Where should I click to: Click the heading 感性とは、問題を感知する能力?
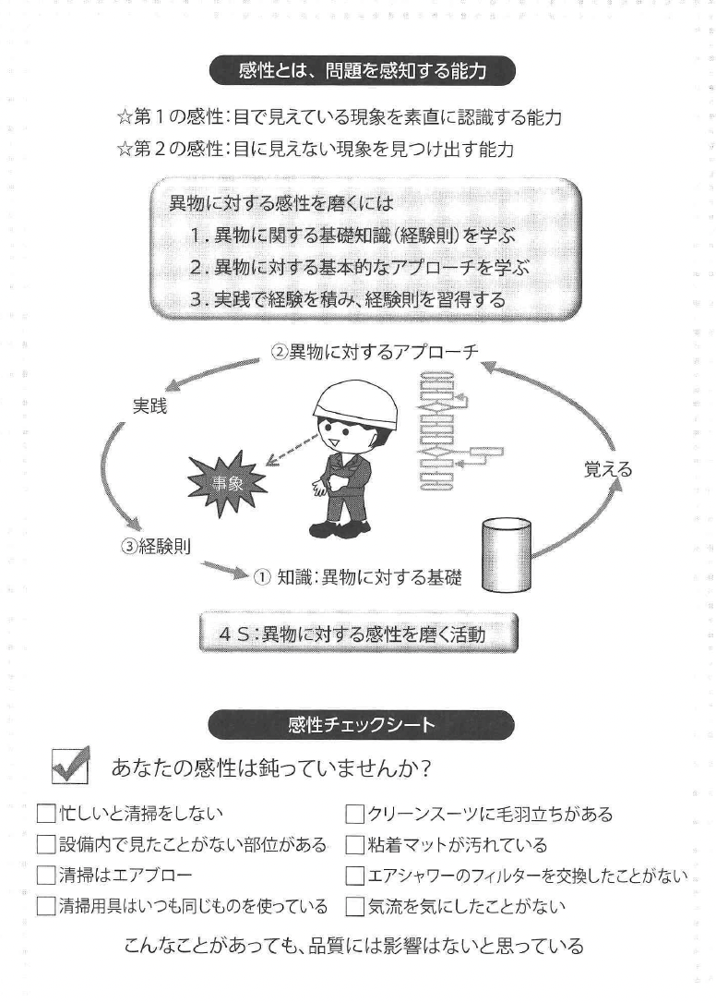tap(361, 69)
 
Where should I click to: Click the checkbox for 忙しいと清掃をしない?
tap(45, 815)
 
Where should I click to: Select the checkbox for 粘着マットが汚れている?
tap(354, 845)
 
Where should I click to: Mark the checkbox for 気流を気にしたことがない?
tap(354, 906)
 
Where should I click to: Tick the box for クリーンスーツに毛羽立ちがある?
tap(354, 815)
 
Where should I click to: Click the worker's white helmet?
tap(355, 404)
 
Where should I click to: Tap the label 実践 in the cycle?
tap(149, 405)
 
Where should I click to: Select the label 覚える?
tap(608, 469)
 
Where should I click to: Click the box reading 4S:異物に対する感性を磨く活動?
tap(359, 635)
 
